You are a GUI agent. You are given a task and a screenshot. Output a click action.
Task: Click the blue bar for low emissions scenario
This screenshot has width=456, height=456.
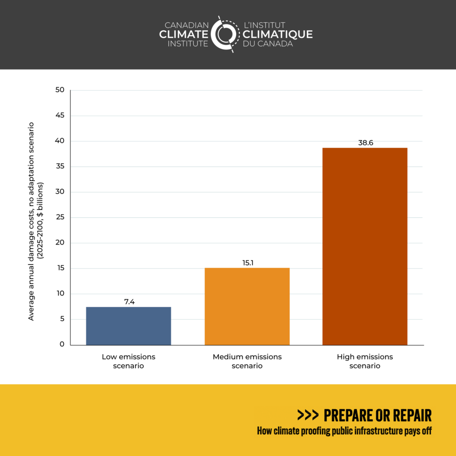click(128, 326)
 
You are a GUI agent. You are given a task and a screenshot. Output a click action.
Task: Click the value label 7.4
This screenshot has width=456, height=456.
click(129, 301)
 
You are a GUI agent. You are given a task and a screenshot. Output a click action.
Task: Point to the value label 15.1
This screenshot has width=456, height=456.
click(247, 262)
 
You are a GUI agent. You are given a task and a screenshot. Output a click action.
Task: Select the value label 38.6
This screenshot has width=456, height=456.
click(365, 143)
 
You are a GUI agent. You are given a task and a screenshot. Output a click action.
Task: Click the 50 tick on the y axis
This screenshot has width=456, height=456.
click(60, 90)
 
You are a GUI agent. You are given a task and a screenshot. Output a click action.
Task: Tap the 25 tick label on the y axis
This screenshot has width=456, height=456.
click(60, 217)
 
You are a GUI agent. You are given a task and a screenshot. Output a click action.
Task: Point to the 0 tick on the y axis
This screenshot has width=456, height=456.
click(62, 344)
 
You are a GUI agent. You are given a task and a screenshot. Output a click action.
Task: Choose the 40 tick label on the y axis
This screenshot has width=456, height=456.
click(60, 141)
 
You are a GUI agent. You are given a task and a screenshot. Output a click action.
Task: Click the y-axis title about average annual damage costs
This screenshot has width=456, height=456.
click(35, 221)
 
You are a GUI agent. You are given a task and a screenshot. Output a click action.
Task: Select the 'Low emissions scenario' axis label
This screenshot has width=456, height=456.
click(128, 361)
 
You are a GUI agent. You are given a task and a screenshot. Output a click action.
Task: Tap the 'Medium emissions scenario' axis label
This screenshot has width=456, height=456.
click(247, 361)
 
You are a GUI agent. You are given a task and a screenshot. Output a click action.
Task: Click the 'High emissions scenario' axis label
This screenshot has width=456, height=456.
click(365, 361)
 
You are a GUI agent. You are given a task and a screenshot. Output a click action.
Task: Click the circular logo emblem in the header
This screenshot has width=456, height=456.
click(225, 34)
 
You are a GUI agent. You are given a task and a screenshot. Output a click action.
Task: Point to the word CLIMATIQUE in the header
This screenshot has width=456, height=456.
click(277, 34)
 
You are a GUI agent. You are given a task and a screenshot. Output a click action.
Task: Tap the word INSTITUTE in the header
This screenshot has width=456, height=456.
click(188, 44)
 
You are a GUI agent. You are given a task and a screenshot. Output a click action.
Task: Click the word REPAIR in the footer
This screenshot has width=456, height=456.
click(409, 415)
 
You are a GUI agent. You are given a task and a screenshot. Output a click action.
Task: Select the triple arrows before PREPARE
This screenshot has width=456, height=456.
click(308, 415)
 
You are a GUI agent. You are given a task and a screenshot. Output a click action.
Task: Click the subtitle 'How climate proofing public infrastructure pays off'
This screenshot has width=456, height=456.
click(344, 431)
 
